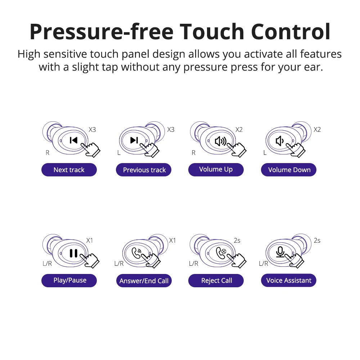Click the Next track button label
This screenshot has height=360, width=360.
tap(69, 170)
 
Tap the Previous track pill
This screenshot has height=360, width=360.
tap(144, 170)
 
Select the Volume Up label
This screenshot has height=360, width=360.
tap(216, 170)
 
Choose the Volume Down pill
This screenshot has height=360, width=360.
tap(289, 170)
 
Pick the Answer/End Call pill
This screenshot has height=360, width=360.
tap(144, 280)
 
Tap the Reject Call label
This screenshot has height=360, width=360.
tap(216, 280)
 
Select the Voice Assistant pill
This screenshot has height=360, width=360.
tap(289, 280)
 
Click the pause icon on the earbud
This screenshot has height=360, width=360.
tap(73, 253)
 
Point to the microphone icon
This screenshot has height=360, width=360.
tap(280, 252)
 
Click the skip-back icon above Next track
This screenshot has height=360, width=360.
tap(73, 140)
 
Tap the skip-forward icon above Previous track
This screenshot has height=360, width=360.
tap(134, 140)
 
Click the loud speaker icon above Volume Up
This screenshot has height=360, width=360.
tap(221, 141)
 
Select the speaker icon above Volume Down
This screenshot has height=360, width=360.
tap(280, 141)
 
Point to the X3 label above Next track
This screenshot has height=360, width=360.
tap(92, 130)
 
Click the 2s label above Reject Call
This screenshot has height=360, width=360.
tap(237, 240)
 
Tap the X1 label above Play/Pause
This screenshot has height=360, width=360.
tap(90, 240)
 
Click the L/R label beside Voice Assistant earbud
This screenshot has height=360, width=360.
tap(264, 264)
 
